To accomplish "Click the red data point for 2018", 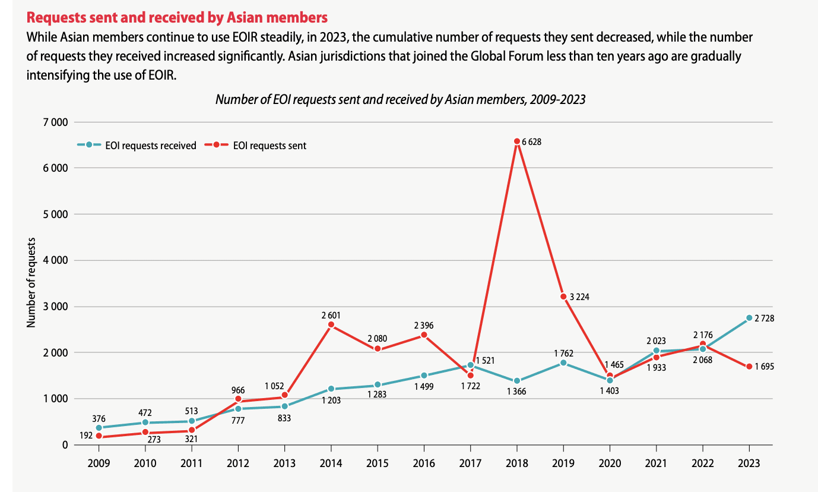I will (x=516, y=141).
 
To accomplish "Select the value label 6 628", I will (x=532, y=142).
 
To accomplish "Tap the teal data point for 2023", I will (x=749, y=318).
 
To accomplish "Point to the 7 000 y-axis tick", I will (x=56, y=122).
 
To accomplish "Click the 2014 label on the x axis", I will (x=331, y=462).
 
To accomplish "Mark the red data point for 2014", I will (x=331, y=324).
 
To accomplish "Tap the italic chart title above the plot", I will (x=400, y=99).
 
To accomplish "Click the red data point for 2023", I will (x=749, y=366).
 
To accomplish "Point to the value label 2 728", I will (x=765, y=318).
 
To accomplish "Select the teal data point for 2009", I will (x=99, y=427).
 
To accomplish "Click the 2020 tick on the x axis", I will (x=610, y=462).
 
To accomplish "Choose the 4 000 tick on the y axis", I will (x=56, y=260).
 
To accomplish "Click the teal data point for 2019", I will (x=563, y=363).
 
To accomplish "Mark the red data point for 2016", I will (x=424, y=335).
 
